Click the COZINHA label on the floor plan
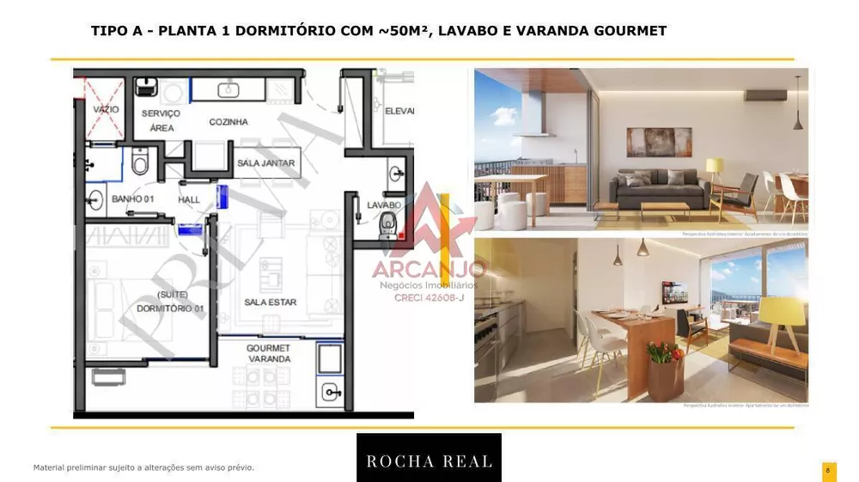(x=228, y=122)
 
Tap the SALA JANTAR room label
(x=265, y=163)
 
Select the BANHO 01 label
(x=132, y=199)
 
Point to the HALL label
(x=189, y=200)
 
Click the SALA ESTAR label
(x=270, y=302)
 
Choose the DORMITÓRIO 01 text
(x=170, y=308)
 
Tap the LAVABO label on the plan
(x=383, y=205)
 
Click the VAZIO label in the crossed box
(x=106, y=110)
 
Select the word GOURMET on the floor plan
(x=268, y=348)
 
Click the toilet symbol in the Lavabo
(x=387, y=226)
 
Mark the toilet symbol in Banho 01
(x=141, y=160)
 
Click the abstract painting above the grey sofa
(x=659, y=141)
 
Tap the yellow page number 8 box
(x=828, y=471)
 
